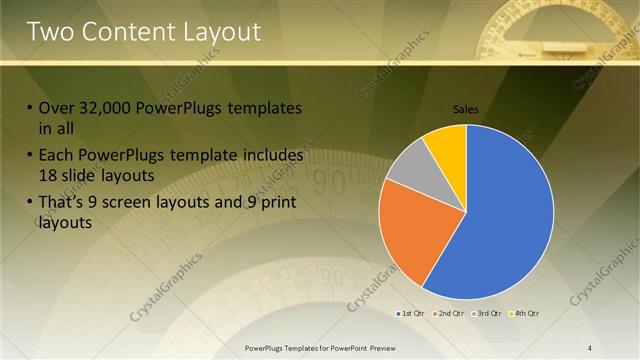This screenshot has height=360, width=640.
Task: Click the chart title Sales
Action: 466,108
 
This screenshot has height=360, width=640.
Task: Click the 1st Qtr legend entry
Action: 412,314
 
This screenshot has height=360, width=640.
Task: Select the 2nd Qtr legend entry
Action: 450,314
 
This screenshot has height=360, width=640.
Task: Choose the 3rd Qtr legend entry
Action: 487,314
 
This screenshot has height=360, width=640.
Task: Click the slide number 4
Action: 590,347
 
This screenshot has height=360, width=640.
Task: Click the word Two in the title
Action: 51,32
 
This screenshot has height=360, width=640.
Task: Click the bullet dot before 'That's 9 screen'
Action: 29,205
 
